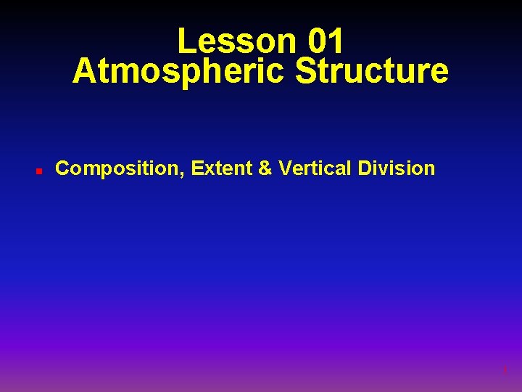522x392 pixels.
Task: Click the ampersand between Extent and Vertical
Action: click(x=265, y=168)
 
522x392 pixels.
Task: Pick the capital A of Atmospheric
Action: click(x=84, y=72)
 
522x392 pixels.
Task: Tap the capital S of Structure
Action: click(x=308, y=72)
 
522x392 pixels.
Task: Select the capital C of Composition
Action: click(x=62, y=168)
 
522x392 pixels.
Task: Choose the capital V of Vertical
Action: click(x=284, y=168)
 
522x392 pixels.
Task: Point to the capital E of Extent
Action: click(x=197, y=168)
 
